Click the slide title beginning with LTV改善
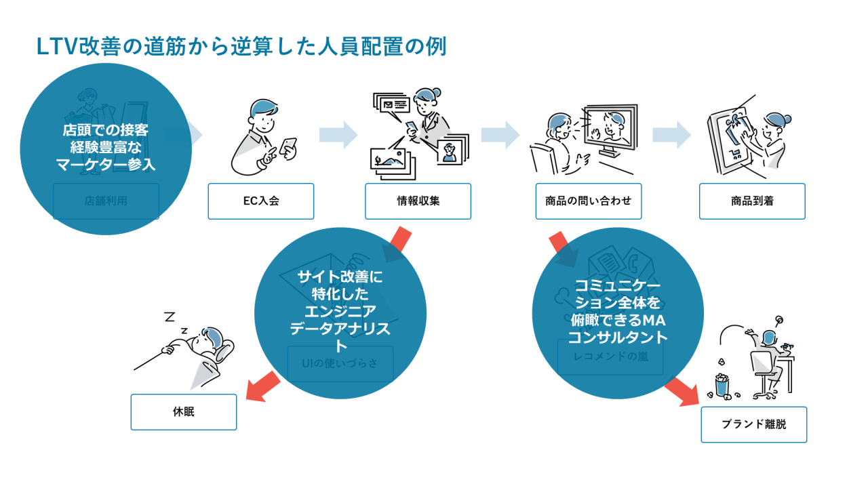(241, 47)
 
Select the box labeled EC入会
(261, 201)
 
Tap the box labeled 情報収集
(418, 201)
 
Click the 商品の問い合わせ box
(588, 201)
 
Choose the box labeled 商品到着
(752, 201)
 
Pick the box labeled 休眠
(184, 411)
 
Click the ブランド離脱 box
(753, 424)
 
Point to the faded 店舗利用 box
(106, 201)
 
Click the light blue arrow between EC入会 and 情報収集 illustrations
(338, 134)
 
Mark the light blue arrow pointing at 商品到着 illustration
(672, 134)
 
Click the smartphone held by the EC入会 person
(289, 148)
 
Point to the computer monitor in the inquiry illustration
(610, 129)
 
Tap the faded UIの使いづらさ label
(340, 363)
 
